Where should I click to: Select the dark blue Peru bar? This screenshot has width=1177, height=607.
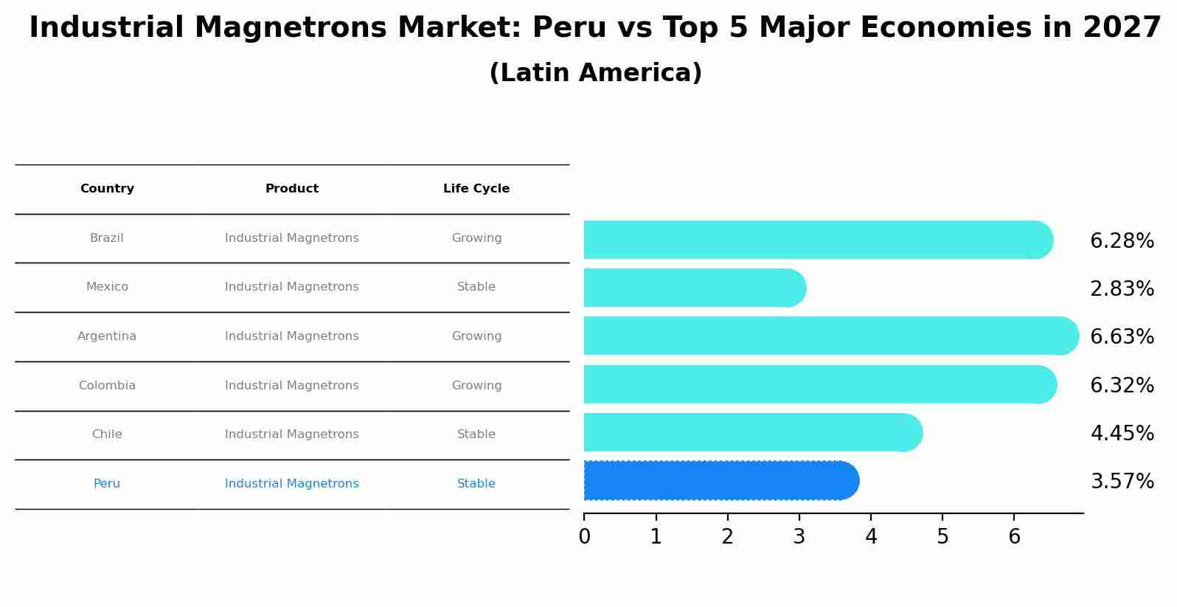click(721, 481)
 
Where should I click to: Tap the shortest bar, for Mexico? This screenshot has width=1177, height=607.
click(694, 288)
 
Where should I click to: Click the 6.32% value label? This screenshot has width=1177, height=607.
click(1122, 385)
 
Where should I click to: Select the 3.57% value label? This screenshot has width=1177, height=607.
click(1122, 482)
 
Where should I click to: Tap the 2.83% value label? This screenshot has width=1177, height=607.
click(1122, 289)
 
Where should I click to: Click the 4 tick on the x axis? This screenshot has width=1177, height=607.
click(871, 537)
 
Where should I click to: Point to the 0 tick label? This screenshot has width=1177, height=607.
click(584, 537)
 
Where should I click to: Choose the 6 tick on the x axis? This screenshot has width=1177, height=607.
click(1014, 537)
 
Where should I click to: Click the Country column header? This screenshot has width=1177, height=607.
click(107, 189)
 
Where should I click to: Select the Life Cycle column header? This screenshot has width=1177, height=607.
click(476, 189)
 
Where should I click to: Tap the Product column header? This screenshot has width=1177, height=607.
click(292, 189)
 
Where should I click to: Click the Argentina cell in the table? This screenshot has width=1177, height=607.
click(107, 336)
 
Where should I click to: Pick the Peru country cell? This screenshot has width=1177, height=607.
click(107, 484)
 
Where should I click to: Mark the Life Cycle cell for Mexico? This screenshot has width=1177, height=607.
click(476, 287)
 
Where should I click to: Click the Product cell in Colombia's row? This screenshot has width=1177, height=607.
click(292, 386)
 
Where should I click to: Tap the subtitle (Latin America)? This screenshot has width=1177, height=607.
click(595, 73)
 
